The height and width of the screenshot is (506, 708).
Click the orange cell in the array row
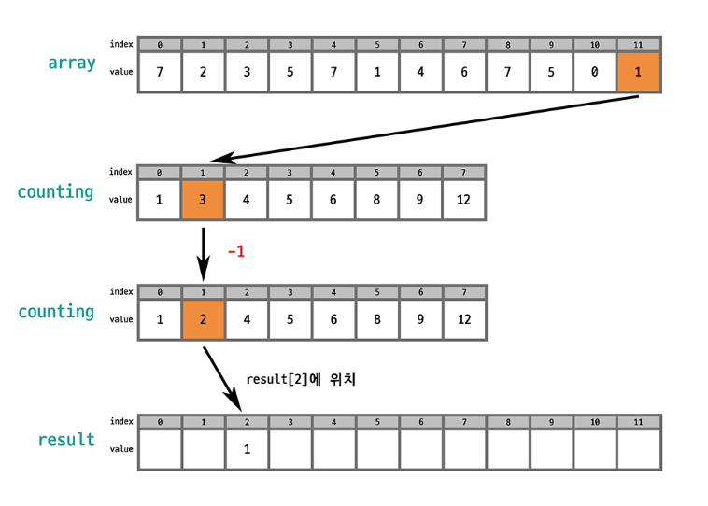coord(639,72)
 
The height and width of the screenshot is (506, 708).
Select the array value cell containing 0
coord(595,72)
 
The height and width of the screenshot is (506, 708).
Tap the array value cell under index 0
coord(160,72)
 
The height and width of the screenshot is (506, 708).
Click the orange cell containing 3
coord(203,200)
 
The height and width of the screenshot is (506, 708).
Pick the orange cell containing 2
coord(203,319)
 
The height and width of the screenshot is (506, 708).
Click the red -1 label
coord(236,252)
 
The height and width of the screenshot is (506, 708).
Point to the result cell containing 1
coord(247,449)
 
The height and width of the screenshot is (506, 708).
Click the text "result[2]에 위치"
coord(301,380)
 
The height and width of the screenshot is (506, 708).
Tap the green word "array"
coord(73,63)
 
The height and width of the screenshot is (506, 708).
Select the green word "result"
coord(66,439)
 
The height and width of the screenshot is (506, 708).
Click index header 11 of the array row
coord(639,44)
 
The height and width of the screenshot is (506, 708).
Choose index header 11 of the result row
coord(639,422)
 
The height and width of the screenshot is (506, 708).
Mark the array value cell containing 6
coord(464,72)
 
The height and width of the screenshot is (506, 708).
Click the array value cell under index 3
coord(290,72)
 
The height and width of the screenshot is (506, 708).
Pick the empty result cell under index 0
coord(160,449)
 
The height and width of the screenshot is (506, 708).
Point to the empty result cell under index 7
coord(464,449)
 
